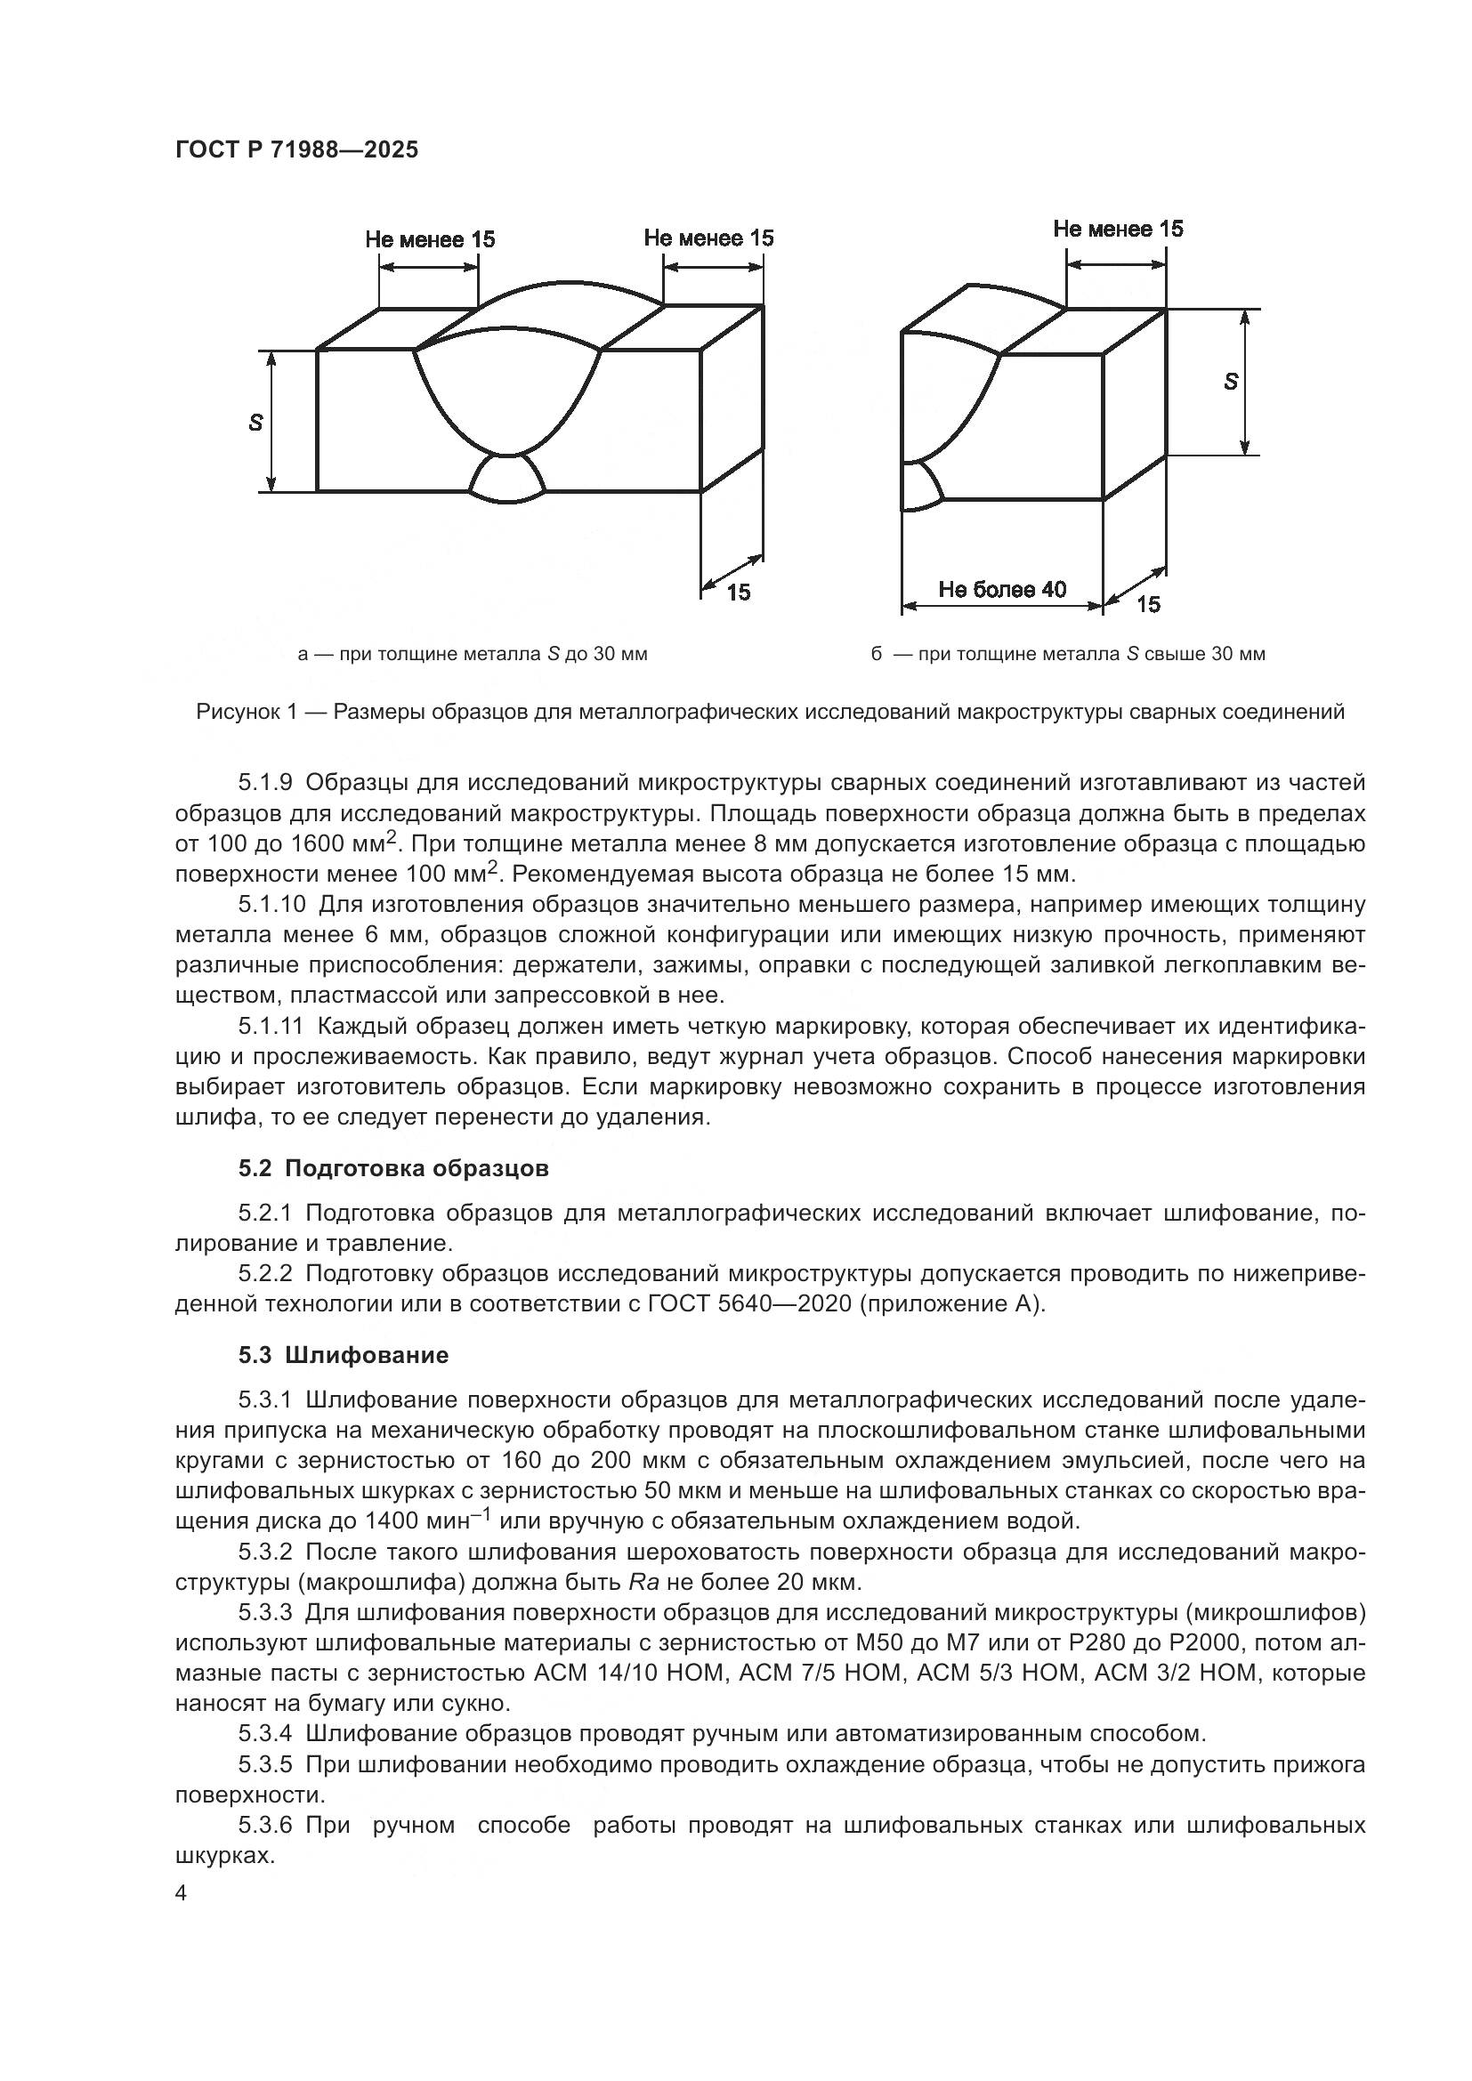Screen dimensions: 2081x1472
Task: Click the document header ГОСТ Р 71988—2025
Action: [296, 149]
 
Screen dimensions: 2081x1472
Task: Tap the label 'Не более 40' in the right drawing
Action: [1002, 590]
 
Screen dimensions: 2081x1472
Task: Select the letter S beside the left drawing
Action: [256, 422]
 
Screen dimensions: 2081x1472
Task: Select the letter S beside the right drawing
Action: [1230, 382]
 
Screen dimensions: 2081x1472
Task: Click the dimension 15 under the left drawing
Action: [739, 592]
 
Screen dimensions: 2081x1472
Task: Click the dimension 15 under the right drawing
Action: [1147, 603]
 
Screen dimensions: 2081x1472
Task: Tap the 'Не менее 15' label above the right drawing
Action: [1118, 230]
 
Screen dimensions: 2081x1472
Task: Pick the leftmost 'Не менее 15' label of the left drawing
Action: [430, 239]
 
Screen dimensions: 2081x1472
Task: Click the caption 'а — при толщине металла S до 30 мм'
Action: [473, 654]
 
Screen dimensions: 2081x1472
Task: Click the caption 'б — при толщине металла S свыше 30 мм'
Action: [1068, 654]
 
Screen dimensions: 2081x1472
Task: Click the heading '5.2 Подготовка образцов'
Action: [393, 1168]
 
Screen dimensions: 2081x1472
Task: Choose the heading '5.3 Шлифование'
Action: [344, 1355]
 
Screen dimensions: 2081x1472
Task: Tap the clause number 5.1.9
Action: [264, 782]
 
